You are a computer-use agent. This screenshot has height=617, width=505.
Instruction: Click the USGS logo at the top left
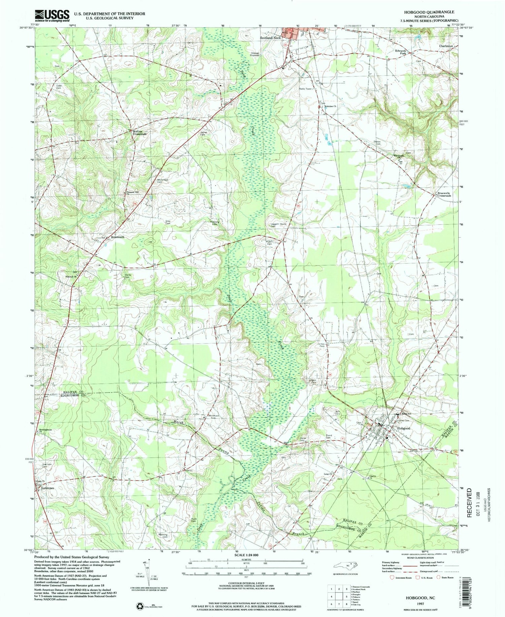(52, 15)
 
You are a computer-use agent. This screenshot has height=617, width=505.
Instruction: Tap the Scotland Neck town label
(270, 38)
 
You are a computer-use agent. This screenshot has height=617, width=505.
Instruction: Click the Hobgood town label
(404, 428)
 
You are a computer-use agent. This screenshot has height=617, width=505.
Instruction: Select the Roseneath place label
(118, 237)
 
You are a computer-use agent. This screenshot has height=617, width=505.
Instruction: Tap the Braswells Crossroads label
(444, 194)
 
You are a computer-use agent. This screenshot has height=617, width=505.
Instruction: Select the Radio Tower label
(306, 89)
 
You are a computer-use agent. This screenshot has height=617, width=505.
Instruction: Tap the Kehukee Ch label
(330, 106)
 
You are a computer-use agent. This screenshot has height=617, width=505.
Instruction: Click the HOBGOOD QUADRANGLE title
(426, 12)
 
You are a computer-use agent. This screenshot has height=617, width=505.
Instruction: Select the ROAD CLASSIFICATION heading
(419, 558)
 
